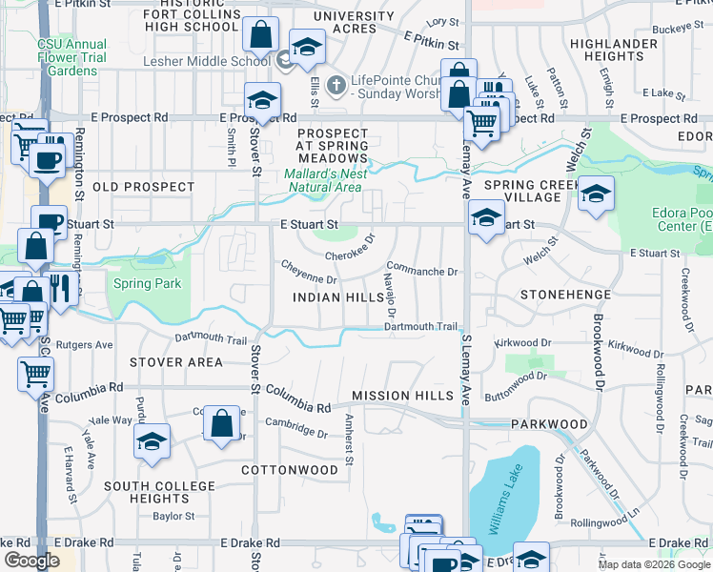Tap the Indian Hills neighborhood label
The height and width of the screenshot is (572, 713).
pyautogui.click(x=338, y=297)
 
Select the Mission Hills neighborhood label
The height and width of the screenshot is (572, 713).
pyautogui.click(x=395, y=395)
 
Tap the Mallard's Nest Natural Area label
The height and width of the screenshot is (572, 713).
pyautogui.click(x=325, y=180)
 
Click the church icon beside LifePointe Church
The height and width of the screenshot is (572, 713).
pyautogui.click(x=335, y=86)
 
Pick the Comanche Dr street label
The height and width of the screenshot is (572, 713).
pyautogui.click(x=422, y=272)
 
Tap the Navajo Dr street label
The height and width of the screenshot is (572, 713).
pyautogui.click(x=390, y=294)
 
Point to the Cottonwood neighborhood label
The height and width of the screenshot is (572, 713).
pyautogui.click(x=289, y=470)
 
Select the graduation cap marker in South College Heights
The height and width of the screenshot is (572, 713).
pyautogui.click(x=151, y=441)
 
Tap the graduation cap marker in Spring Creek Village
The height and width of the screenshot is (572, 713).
pyautogui.click(x=596, y=194)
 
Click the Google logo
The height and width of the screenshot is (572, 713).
pyautogui.click(x=31, y=561)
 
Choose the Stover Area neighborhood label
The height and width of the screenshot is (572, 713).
pyautogui.click(x=176, y=362)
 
